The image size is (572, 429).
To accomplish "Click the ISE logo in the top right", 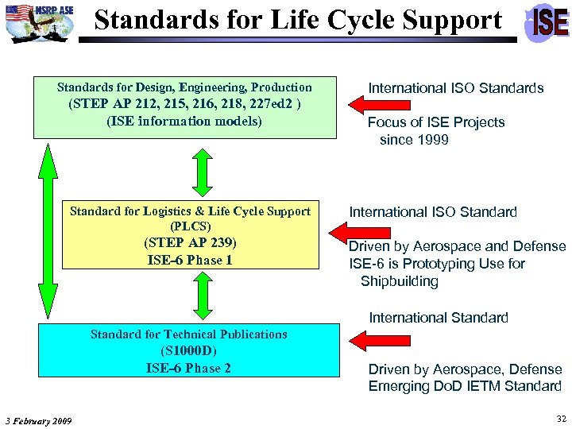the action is [548, 22].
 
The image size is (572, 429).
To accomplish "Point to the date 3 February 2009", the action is [37, 420].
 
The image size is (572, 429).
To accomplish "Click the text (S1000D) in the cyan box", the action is [188, 351].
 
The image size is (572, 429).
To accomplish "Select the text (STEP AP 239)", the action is [190, 243].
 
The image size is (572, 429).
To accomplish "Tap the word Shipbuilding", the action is [399, 281].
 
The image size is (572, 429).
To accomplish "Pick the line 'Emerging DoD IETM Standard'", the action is [465, 386].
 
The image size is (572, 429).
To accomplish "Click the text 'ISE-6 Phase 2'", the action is [188, 368].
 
